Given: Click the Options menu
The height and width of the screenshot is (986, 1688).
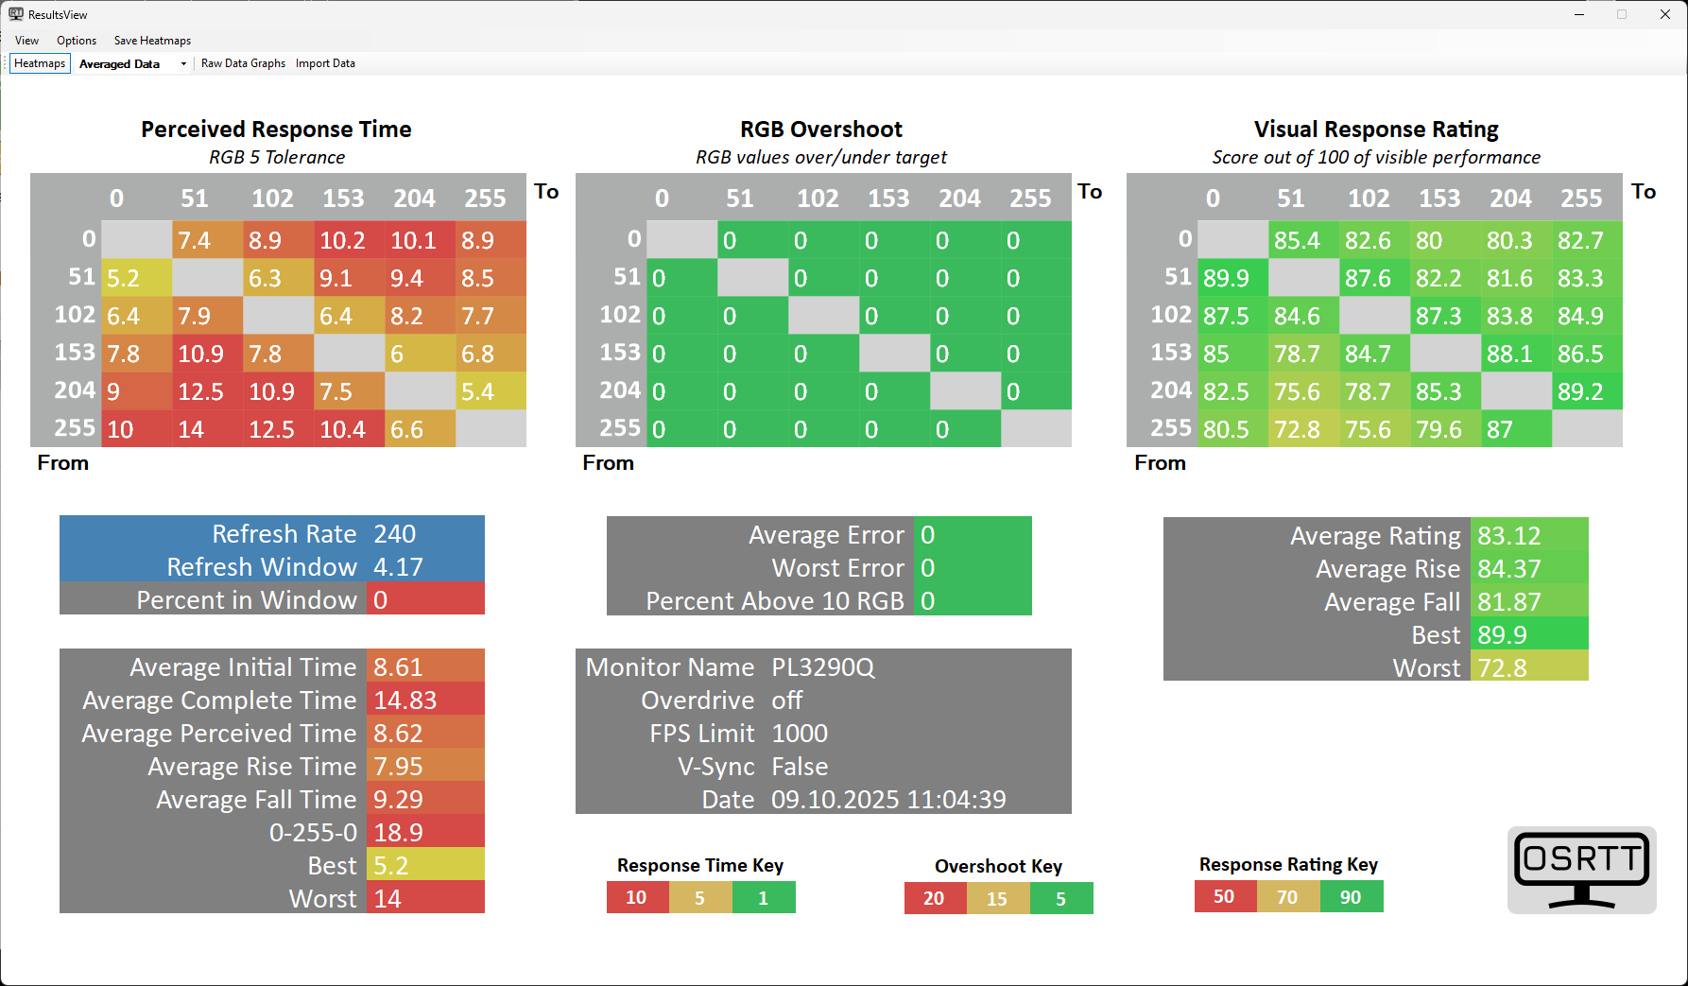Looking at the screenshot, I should pyautogui.click(x=77, y=41).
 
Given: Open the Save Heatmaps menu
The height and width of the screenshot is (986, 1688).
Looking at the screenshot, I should pyautogui.click(x=152, y=41).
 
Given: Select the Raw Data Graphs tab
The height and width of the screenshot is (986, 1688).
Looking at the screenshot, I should pyautogui.click(x=243, y=63).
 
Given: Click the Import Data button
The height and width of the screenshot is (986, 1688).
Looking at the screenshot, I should pyautogui.click(x=325, y=63).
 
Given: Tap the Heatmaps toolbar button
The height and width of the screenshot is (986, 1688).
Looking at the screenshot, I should pyautogui.click(x=40, y=63).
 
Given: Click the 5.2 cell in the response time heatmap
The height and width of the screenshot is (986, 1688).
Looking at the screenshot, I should pyautogui.click(x=137, y=278).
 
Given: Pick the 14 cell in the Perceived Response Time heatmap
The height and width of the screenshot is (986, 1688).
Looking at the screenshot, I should pyautogui.click(x=208, y=429).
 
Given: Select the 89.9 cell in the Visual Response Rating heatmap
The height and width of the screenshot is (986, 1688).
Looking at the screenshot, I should pyautogui.click(x=1232, y=278).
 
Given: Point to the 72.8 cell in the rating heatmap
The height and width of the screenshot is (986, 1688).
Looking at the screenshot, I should pyautogui.click(x=1303, y=429).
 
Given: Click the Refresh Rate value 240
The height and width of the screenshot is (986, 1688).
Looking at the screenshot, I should pyautogui.click(x=395, y=534).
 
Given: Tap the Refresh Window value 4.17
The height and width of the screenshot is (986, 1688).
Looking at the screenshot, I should pyautogui.click(x=399, y=567).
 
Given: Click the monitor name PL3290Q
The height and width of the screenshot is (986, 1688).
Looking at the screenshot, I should pyautogui.click(x=823, y=667).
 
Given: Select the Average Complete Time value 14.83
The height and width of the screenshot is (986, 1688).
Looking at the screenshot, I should pyautogui.click(x=405, y=701).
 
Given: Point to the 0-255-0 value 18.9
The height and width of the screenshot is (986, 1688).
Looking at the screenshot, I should pyautogui.click(x=399, y=833).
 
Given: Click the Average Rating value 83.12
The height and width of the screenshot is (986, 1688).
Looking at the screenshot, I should pyautogui.click(x=1509, y=536).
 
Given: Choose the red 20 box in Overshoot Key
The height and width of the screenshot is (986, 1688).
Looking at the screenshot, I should pyautogui.click(x=935, y=898).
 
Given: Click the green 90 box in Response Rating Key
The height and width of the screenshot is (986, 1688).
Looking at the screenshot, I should pyautogui.click(x=1352, y=897).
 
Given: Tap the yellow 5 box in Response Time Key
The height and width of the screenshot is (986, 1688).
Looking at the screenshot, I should pyautogui.click(x=700, y=898).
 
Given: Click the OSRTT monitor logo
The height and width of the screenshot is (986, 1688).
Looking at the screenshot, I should pyautogui.click(x=1582, y=870).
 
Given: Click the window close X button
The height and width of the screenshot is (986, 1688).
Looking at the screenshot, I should pyautogui.click(x=1665, y=14).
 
